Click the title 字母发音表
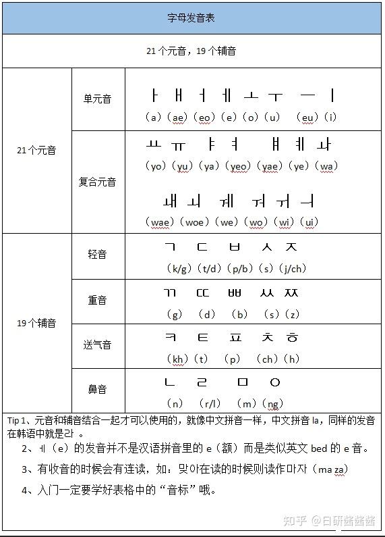point(191,18)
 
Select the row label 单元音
point(97,99)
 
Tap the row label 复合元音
point(97,182)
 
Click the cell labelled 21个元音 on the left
point(36,151)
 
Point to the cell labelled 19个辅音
point(36,323)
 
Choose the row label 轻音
point(97,255)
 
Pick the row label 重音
point(97,300)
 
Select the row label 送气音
point(97,345)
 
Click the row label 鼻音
point(97,390)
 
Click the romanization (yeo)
point(239,166)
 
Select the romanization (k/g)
point(179,269)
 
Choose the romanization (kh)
point(178,359)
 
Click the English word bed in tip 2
point(320,448)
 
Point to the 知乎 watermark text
point(295,521)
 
